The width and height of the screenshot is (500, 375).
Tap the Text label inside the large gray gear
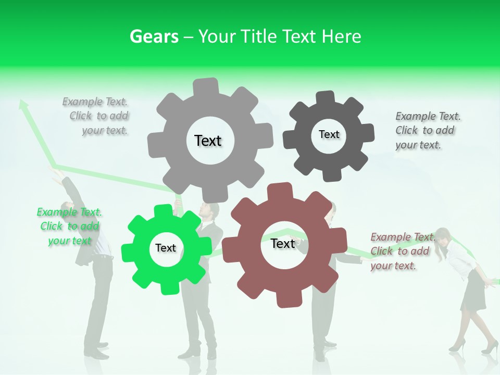[x=208, y=141]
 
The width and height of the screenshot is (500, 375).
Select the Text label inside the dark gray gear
[x=329, y=134]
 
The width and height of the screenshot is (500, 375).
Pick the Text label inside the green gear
[x=166, y=248]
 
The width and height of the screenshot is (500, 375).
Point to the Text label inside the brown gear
[x=283, y=244]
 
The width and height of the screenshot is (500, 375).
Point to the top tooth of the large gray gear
[x=206, y=86]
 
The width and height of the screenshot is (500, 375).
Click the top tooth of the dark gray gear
[x=326, y=97]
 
